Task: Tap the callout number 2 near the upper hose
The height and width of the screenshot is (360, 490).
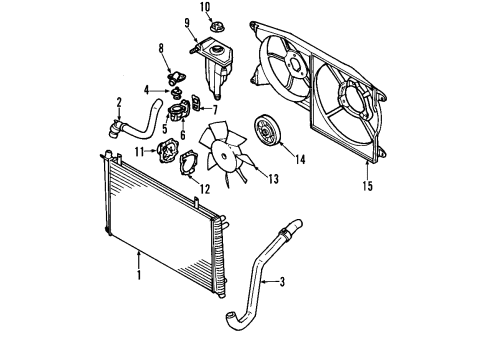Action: click(x=119, y=101)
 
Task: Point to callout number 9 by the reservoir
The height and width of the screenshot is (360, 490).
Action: click(x=188, y=22)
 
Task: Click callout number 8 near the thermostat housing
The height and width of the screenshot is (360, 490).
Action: click(x=161, y=47)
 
